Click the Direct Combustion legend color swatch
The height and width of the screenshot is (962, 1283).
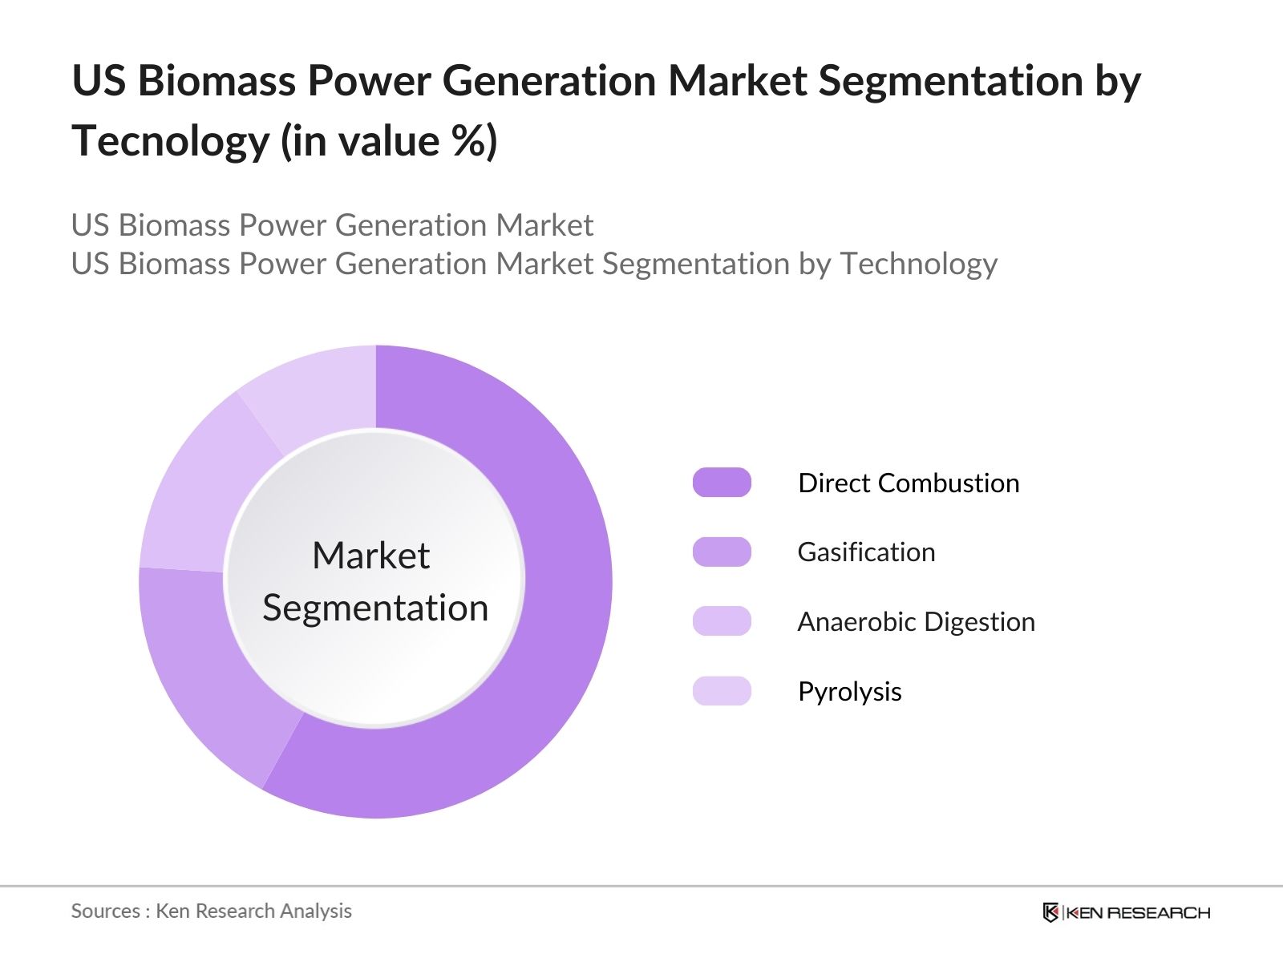point(722,483)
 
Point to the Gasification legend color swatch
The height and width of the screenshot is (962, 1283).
point(722,552)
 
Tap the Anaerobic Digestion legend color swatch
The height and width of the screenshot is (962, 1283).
point(722,621)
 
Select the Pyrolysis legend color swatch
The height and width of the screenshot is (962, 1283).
point(722,691)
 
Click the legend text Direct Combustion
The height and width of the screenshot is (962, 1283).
point(909,483)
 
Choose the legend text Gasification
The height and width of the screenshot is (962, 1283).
point(866,552)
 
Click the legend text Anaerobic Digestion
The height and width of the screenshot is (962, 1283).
point(916,622)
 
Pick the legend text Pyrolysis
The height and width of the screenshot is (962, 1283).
point(849,692)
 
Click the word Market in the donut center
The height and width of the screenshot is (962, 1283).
point(370,556)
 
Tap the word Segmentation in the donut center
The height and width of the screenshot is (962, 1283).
point(375,608)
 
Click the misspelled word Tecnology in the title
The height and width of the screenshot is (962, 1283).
point(171,141)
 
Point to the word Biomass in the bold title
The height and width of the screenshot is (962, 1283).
point(217,81)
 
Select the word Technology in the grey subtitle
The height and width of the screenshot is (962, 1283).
point(918,264)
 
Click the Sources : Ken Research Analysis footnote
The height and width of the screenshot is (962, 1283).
point(212,911)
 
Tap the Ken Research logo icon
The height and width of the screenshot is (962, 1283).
point(1050,912)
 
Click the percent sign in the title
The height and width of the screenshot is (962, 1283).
point(466,141)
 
